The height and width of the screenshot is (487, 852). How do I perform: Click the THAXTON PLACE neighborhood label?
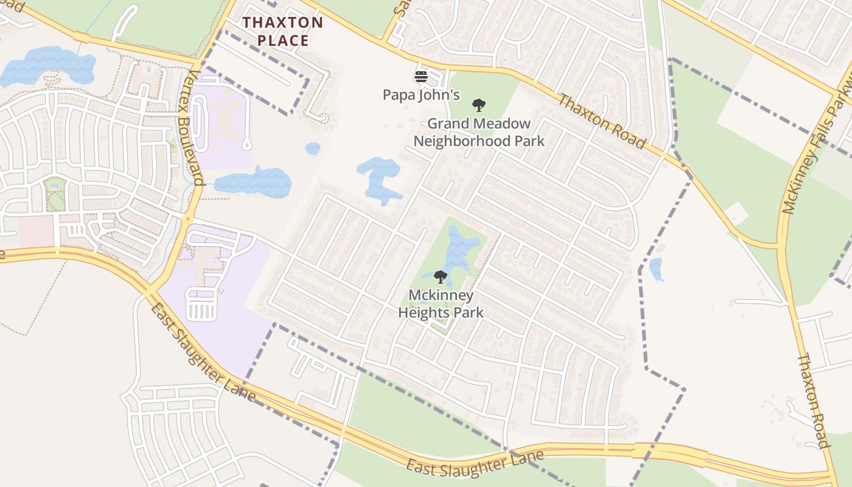tap(283, 32)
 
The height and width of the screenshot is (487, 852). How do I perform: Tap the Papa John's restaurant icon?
tap(421, 77)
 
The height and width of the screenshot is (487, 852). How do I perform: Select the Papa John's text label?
tap(421, 95)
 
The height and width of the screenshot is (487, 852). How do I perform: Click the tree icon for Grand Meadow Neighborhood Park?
tap(479, 105)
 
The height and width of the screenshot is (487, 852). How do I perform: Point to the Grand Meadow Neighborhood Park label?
tap(479, 132)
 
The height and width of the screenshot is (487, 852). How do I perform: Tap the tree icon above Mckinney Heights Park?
tap(441, 278)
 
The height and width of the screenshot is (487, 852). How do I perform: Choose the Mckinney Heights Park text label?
tap(441, 304)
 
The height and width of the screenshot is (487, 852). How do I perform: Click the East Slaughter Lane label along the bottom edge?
tap(475, 462)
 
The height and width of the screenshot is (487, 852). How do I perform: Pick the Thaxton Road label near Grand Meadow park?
tap(601, 121)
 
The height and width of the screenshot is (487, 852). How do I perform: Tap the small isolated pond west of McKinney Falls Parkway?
tap(656, 269)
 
